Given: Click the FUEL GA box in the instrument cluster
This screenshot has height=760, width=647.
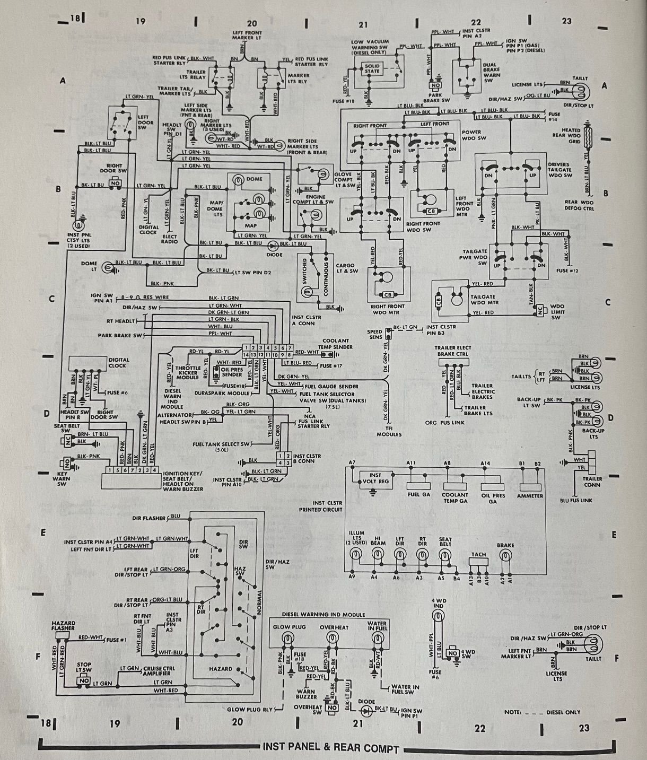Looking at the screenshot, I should (x=418, y=485).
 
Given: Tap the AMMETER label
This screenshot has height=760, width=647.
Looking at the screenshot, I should (x=530, y=496).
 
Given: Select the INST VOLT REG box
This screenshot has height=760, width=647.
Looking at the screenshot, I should (x=375, y=478).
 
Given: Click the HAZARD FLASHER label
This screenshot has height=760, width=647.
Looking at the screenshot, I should (x=63, y=626).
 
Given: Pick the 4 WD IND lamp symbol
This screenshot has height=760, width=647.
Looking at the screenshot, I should (x=438, y=615).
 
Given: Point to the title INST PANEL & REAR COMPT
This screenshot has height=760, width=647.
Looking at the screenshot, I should (x=330, y=748).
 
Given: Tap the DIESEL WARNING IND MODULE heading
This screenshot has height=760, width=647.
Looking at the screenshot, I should (x=323, y=615).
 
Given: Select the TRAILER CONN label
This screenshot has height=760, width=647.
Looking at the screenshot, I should (x=592, y=481).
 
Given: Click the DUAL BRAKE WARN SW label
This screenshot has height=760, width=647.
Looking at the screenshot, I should (x=492, y=73).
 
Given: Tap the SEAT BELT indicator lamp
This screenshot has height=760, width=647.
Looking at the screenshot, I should (x=444, y=555).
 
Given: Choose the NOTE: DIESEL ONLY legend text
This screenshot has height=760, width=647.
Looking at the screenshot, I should (x=543, y=712).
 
